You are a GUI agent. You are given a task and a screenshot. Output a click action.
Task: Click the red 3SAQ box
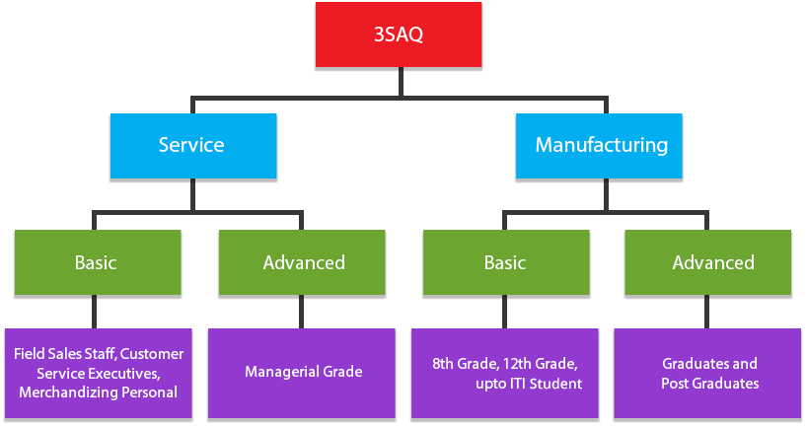(399, 35)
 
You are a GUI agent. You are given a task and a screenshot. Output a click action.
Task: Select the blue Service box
(193, 146)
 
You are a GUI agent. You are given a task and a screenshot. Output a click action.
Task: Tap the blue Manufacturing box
(599, 146)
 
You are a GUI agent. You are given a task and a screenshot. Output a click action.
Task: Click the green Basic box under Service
(98, 262)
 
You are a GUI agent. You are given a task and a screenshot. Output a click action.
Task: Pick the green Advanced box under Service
(302, 262)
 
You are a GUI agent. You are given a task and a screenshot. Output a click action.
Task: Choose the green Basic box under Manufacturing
(506, 262)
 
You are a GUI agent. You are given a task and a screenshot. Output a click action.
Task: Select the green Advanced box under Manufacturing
(707, 262)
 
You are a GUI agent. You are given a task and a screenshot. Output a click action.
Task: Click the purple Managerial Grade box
(302, 373)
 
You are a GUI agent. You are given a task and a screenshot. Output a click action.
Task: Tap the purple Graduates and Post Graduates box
(707, 373)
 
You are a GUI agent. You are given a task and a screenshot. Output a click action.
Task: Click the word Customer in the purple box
(152, 354)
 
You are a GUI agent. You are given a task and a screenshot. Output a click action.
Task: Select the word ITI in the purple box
(512, 384)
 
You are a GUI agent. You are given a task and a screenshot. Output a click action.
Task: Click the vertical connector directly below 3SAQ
(401, 82)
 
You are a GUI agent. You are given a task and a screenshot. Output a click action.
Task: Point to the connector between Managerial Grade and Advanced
(301, 312)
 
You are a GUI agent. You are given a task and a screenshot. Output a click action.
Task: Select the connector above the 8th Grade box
(504, 312)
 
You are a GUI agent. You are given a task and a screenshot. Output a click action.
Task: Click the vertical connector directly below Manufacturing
(606, 195)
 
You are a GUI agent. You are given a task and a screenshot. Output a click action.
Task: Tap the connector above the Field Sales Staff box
(94, 312)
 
